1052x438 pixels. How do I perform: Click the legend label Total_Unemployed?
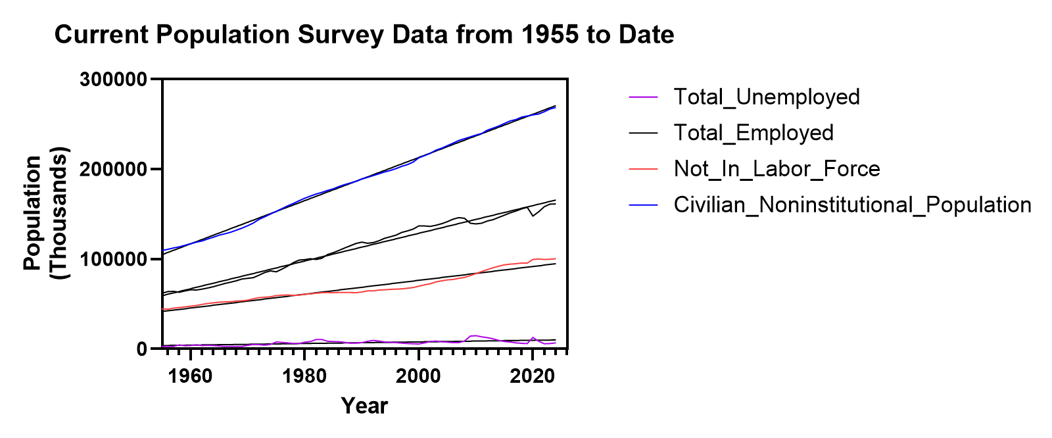pos(767,97)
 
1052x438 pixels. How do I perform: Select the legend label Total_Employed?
pos(753,133)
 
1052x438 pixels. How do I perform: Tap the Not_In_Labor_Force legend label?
pos(777,169)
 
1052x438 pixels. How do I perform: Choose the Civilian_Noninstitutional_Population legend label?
pos(852,205)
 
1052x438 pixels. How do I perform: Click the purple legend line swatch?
pos(643,97)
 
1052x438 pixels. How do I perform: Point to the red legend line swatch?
pos(643,169)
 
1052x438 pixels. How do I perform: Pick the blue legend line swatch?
pos(643,205)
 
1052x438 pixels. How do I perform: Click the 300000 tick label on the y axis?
pos(113,80)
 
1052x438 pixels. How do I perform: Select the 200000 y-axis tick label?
pos(113,170)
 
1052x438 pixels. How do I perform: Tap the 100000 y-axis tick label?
pos(113,259)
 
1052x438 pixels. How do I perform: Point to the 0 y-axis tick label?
pos(141,349)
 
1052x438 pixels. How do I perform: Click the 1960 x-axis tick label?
pos(191,377)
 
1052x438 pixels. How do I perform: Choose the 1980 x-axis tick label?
pos(304,377)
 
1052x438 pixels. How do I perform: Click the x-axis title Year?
pos(364,406)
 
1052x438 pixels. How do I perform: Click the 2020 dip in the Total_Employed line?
pos(533,216)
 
